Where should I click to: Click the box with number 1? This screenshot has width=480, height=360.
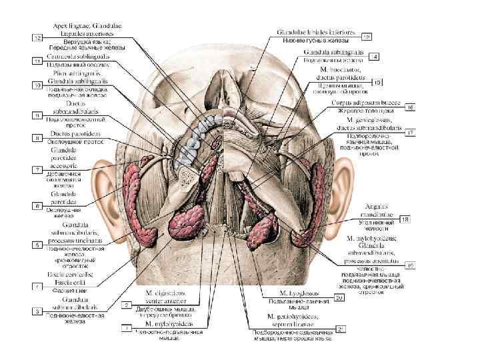[x=125, y=327]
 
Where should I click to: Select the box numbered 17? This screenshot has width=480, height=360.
[x=411, y=133]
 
